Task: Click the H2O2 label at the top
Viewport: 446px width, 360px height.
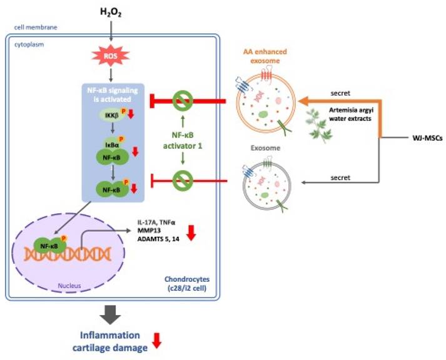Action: click(111, 12)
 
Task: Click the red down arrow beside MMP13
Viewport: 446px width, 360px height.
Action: click(191, 232)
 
